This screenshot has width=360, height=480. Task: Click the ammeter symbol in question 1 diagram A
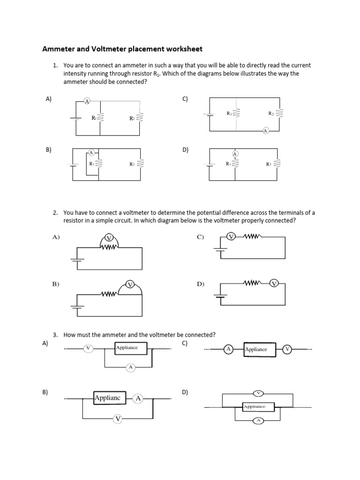[x=87, y=102]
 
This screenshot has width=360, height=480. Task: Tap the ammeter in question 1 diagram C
[x=266, y=131]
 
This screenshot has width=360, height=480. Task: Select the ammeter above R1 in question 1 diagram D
[x=235, y=154]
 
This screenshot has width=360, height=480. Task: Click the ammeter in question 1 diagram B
[x=91, y=153]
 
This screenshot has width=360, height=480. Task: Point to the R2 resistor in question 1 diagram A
[x=140, y=116]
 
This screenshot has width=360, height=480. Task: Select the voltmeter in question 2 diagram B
[x=130, y=285]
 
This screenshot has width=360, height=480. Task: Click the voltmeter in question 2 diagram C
[x=231, y=237]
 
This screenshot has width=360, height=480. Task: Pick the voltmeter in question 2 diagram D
[x=275, y=283]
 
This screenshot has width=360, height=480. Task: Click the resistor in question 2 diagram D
[x=252, y=283]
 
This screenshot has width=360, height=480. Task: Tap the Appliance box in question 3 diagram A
[x=131, y=348]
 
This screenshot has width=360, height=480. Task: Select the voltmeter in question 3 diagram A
[x=88, y=348]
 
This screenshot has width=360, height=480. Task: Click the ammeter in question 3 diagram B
[x=138, y=398]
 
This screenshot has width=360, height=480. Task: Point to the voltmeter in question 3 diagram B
[x=118, y=418]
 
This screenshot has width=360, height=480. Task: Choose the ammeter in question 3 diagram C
[x=228, y=349]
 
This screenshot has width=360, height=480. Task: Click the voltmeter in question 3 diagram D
[x=258, y=392]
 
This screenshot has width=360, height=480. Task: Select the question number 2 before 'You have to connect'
[x=55, y=212]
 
